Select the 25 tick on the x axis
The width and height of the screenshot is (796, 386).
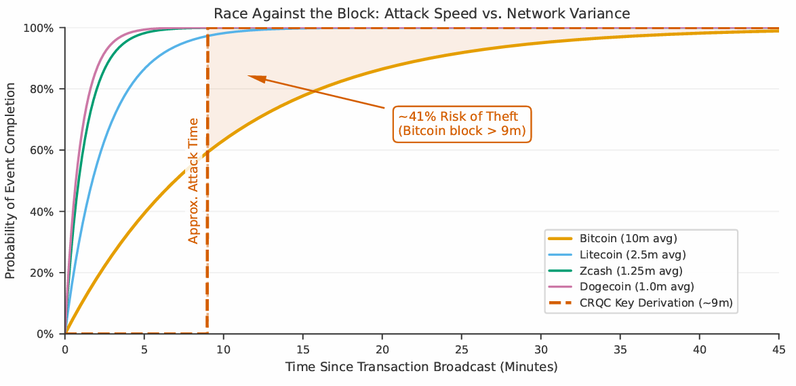pos(462,349)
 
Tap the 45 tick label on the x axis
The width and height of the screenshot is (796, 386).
pos(778,349)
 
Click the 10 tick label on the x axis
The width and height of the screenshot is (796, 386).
pos(224,349)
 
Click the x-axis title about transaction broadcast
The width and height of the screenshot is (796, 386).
pos(421,367)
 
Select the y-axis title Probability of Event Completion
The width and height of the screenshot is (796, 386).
pos(10,180)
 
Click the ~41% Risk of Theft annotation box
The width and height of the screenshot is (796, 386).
pos(462,123)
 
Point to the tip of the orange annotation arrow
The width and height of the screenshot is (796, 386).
pos(249,76)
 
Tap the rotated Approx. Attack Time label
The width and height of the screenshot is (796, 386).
pos(193,180)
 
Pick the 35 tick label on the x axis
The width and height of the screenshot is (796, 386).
pos(620,349)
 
